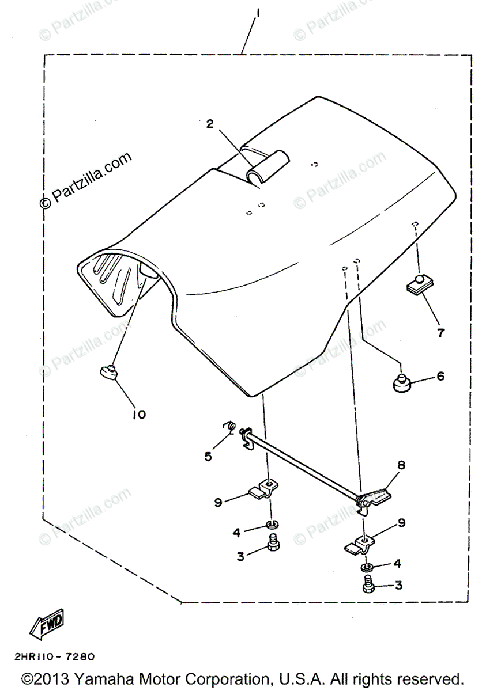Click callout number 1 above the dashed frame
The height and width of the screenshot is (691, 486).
click(x=257, y=11)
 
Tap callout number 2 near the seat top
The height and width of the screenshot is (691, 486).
click(x=209, y=123)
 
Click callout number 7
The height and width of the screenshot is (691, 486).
click(x=441, y=332)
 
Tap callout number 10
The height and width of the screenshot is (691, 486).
click(x=140, y=413)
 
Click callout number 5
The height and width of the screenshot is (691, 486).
click(x=208, y=456)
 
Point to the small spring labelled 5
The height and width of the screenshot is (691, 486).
click(x=228, y=427)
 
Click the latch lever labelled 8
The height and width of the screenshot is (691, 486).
click(x=375, y=496)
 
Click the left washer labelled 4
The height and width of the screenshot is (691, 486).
click(x=269, y=525)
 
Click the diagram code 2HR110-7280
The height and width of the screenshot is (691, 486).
click(x=52, y=656)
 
